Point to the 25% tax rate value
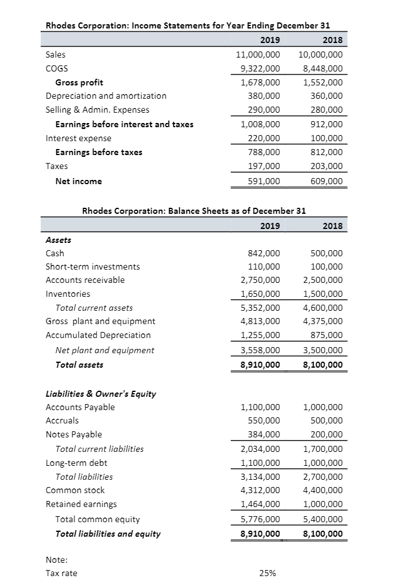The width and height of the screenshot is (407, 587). tap(267, 572)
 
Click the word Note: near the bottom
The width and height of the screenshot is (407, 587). tap(57, 559)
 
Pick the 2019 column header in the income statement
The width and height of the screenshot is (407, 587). tap(270, 41)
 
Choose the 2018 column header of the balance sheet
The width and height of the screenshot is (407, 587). tap(332, 226)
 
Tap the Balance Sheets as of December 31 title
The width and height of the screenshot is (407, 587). tap(194, 211)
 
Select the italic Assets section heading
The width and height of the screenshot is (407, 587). tap(58, 239)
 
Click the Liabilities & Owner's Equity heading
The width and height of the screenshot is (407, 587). tap(101, 394)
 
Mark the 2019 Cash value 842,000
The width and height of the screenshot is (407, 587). tap(264, 253)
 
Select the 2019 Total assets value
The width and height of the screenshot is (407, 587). tap(260, 365)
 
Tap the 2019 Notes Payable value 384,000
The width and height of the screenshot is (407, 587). tap(264, 434)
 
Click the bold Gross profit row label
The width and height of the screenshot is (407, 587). tap(79, 82)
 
